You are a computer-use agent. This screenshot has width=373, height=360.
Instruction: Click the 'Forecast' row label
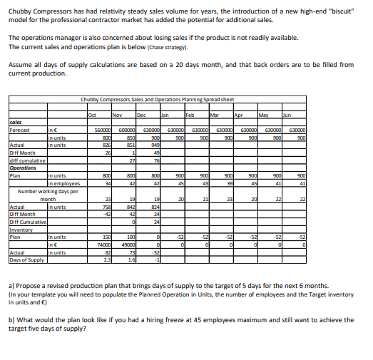pos(19,130)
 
